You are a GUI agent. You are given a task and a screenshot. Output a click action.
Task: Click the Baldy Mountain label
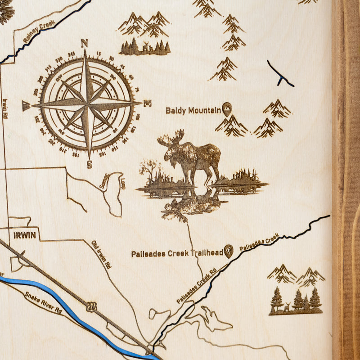[x=193, y=110]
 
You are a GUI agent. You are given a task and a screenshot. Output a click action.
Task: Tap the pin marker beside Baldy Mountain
[x=227, y=108]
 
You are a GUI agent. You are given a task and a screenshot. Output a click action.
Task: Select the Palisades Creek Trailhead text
[x=177, y=253]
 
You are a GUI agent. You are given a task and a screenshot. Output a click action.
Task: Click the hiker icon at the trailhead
[x=229, y=251]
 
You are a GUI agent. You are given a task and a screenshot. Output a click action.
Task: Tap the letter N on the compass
[x=84, y=44]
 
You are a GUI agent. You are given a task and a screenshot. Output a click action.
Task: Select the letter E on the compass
[x=147, y=103]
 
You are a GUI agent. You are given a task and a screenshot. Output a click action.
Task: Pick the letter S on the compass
[x=89, y=164]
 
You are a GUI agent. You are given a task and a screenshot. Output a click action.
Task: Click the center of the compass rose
[x=87, y=104]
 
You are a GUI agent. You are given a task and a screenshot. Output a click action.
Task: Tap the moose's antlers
[x=171, y=138]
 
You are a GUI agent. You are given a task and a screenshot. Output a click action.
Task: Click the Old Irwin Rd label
[x=101, y=254]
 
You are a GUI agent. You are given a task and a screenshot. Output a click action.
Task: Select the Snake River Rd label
[x=43, y=302]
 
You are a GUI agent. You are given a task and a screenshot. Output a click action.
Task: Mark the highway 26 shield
[x=92, y=306]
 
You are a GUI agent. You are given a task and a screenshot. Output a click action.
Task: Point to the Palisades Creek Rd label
[x=196, y=286]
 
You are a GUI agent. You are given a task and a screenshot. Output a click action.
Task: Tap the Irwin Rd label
[x=5, y=108]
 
